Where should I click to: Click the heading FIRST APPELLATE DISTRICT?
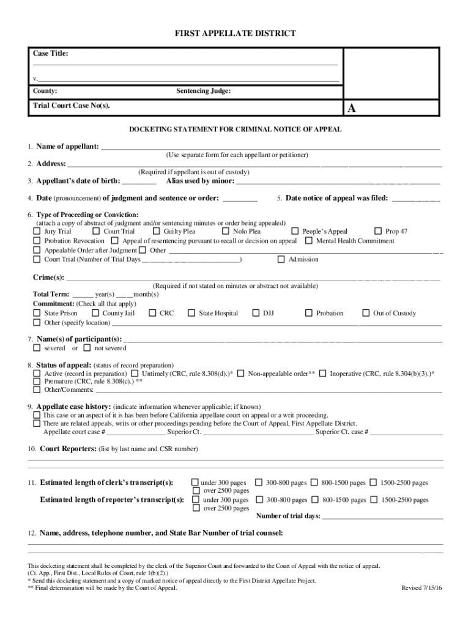(235, 34)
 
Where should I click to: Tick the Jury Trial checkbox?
(37, 232)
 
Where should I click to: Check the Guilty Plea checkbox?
(156, 232)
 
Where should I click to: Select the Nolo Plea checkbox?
(226, 232)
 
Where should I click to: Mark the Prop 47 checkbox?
(377, 232)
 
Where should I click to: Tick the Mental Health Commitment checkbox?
(309, 241)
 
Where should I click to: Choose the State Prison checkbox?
(37, 313)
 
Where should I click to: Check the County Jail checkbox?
(95, 313)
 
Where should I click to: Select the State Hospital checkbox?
(191, 313)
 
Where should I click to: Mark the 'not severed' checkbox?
(87, 348)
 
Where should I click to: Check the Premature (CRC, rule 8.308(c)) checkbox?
(37, 381)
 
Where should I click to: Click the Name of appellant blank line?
(270, 147)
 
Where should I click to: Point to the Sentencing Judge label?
(203, 91)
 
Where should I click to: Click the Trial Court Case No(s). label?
(72, 106)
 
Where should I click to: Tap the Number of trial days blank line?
(382, 516)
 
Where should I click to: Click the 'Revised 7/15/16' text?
(421, 587)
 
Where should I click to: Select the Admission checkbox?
(281, 259)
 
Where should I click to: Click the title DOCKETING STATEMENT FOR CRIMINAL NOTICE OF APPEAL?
(235, 130)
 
